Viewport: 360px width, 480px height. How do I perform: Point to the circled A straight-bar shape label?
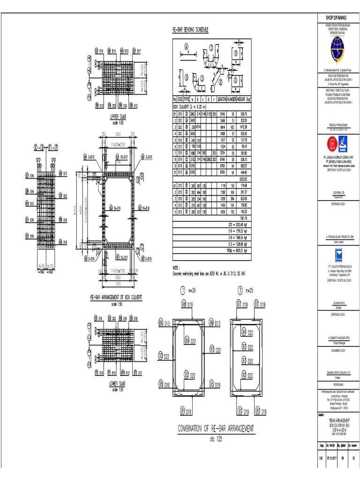click(x=186, y=46)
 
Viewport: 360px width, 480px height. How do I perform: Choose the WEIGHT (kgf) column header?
click(x=242, y=99)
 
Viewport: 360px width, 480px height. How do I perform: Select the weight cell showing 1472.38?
click(x=243, y=127)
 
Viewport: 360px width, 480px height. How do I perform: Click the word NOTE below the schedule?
click(x=177, y=267)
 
